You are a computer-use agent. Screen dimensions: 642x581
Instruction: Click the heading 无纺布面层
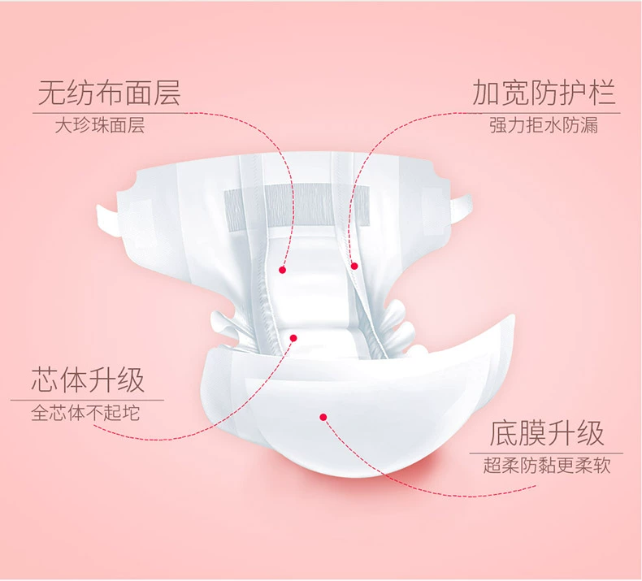click(109, 93)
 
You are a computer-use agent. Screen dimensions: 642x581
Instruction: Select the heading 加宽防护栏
click(544, 93)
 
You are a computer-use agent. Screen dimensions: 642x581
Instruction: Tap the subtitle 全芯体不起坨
click(85, 413)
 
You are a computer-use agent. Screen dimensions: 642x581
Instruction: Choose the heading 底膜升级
click(547, 433)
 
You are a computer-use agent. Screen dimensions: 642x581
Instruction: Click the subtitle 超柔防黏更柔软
click(546, 466)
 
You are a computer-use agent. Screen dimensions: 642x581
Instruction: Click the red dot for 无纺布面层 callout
click(283, 269)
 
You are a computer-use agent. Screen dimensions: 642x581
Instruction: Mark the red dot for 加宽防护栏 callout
click(354, 266)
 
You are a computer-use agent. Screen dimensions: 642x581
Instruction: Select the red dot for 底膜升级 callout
click(323, 418)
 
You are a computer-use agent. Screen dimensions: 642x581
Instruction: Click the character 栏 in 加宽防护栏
click(602, 93)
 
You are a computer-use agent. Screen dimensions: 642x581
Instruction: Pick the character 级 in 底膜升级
click(591, 433)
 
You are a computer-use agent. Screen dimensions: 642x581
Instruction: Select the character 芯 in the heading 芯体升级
click(46, 379)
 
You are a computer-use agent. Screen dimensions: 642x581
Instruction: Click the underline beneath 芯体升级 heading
click(88, 400)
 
